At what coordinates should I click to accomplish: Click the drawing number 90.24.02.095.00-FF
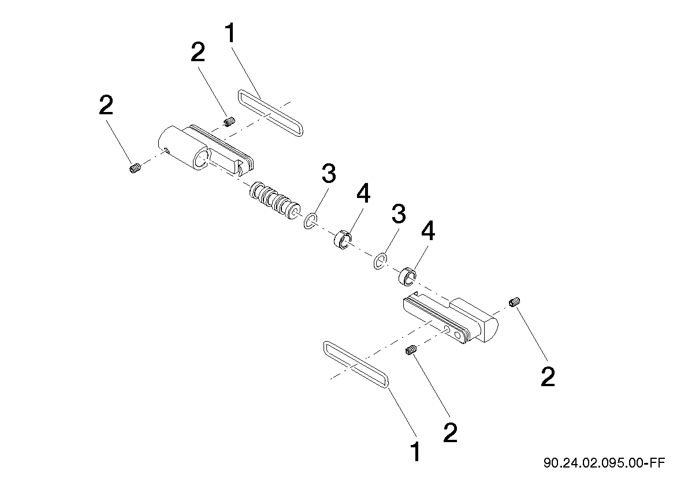604,463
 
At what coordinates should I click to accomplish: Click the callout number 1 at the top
230,33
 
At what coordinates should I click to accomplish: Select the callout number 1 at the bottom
415,452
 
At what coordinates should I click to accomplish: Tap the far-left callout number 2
106,105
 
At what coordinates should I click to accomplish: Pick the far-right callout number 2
548,377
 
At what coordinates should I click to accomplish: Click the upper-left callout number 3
329,174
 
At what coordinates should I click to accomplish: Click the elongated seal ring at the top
270,114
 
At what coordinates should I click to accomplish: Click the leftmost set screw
135,168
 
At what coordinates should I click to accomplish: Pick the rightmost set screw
515,302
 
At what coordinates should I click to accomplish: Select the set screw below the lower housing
411,350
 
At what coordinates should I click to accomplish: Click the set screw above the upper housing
229,121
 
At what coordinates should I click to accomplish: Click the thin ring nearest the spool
311,221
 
